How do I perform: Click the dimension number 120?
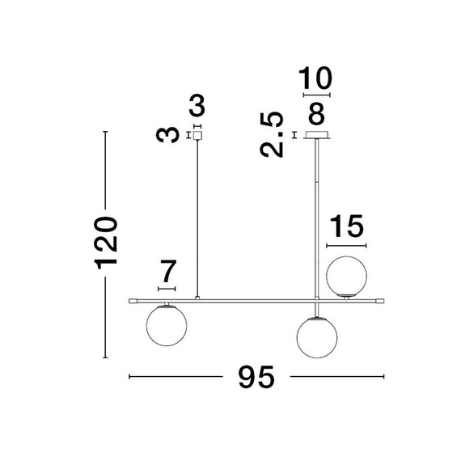tap(106, 243)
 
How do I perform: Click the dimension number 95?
tap(256, 377)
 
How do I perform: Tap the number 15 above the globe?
tap(347, 226)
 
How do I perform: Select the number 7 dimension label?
tap(168, 271)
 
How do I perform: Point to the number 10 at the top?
tap(315, 78)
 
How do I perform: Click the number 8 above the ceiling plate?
tap(316, 113)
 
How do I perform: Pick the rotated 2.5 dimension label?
tap(272, 134)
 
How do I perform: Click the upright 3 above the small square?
tap(197, 106)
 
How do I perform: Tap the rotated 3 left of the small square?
tap(167, 135)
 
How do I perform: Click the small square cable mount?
tap(197, 136)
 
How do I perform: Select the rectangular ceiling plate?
tap(317, 135)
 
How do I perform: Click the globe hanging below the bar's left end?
tap(167, 326)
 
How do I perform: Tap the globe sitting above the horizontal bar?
tap(346, 276)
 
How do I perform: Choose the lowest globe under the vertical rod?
tap(317, 337)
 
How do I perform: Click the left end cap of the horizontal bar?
tap(133, 301)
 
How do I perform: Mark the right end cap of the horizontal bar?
tap(379, 301)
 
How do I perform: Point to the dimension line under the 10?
tap(317, 95)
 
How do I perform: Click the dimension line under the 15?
tap(346, 246)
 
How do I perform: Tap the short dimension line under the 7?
tap(167, 289)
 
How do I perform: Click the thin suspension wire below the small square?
tap(197, 218)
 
